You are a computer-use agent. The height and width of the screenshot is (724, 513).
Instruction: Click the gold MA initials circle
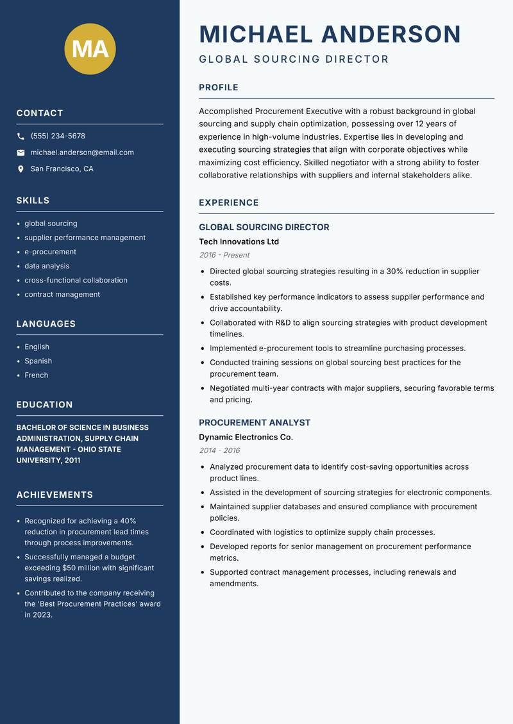coord(90,49)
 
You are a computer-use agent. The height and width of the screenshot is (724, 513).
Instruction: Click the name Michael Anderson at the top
coord(330,34)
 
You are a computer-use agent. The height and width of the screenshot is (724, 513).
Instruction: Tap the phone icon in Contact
coord(21,136)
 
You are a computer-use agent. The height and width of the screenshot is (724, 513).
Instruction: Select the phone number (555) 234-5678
coord(58,136)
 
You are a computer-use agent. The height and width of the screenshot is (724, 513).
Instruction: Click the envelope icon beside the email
coord(21,152)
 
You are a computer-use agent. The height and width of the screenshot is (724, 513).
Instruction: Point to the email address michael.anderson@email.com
coord(82,152)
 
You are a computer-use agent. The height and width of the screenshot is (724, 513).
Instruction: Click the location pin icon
coord(21,169)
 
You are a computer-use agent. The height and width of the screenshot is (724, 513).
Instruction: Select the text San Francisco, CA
coord(62,169)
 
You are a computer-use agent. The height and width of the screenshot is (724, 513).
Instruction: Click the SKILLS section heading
coord(33,201)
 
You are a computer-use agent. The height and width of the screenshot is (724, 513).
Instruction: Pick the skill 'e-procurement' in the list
coord(50,252)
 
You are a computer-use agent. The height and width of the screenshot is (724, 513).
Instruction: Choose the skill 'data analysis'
coord(47,266)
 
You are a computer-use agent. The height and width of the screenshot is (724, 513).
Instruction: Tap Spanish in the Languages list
coord(38,361)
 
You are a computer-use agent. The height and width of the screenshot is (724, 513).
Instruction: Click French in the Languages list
coord(36,375)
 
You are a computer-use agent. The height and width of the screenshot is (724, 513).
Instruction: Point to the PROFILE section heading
coord(218,88)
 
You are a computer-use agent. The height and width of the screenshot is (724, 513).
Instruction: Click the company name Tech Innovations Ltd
coord(239,242)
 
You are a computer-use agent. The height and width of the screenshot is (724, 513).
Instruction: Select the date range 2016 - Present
coord(224,255)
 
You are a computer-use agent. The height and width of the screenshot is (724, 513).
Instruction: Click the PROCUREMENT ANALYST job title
coord(254,423)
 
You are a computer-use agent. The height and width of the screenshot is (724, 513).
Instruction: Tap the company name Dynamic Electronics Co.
coord(246,437)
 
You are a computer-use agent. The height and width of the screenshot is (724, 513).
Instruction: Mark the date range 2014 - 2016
coord(219,450)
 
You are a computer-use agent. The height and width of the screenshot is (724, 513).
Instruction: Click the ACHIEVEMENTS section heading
coord(55,495)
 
